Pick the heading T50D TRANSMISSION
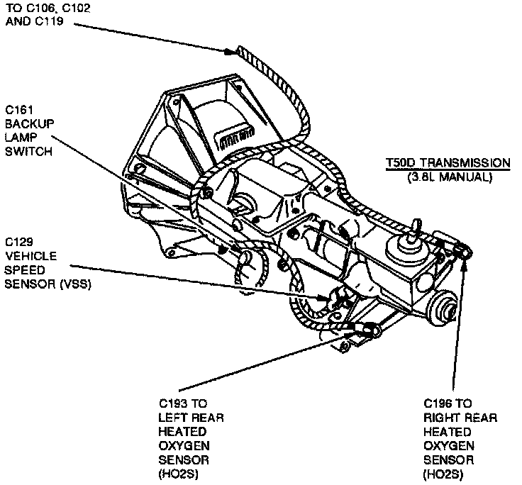click(x=447, y=162)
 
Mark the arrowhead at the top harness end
click(x=228, y=51)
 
